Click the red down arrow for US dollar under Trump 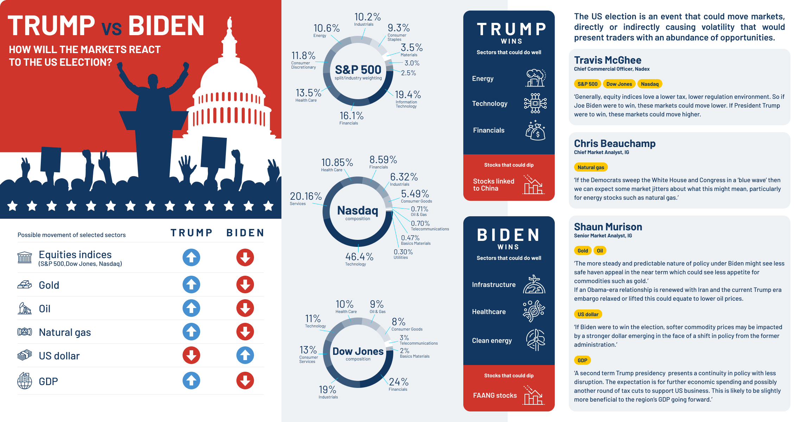[x=191, y=355]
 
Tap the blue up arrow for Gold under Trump [x=191, y=284]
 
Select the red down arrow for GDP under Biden [x=245, y=381]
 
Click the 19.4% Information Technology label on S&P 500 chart [x=408, y=95]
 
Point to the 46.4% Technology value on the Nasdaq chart [x=359, y=257]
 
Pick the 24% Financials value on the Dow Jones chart [x=399, y=382]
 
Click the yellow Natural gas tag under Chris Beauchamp [x=591, y=167]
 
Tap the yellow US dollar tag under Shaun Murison [x=588, y=314]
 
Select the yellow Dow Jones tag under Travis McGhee [x=619, y=84]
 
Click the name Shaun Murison [x=608, y=227]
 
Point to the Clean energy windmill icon [x=535, y=340]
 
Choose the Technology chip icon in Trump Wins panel [x=535, y=103]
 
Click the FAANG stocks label [x=495, y=396]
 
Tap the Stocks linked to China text [x=493, y=185]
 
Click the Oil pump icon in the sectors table [x=25, y=308]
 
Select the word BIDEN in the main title [x=166, y=26]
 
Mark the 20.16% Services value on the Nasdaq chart [x=306, y=196]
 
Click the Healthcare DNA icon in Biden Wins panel [x=534, y=311]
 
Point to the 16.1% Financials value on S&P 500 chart [x=351, y=116]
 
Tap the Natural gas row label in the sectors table [x=65, y=332]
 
